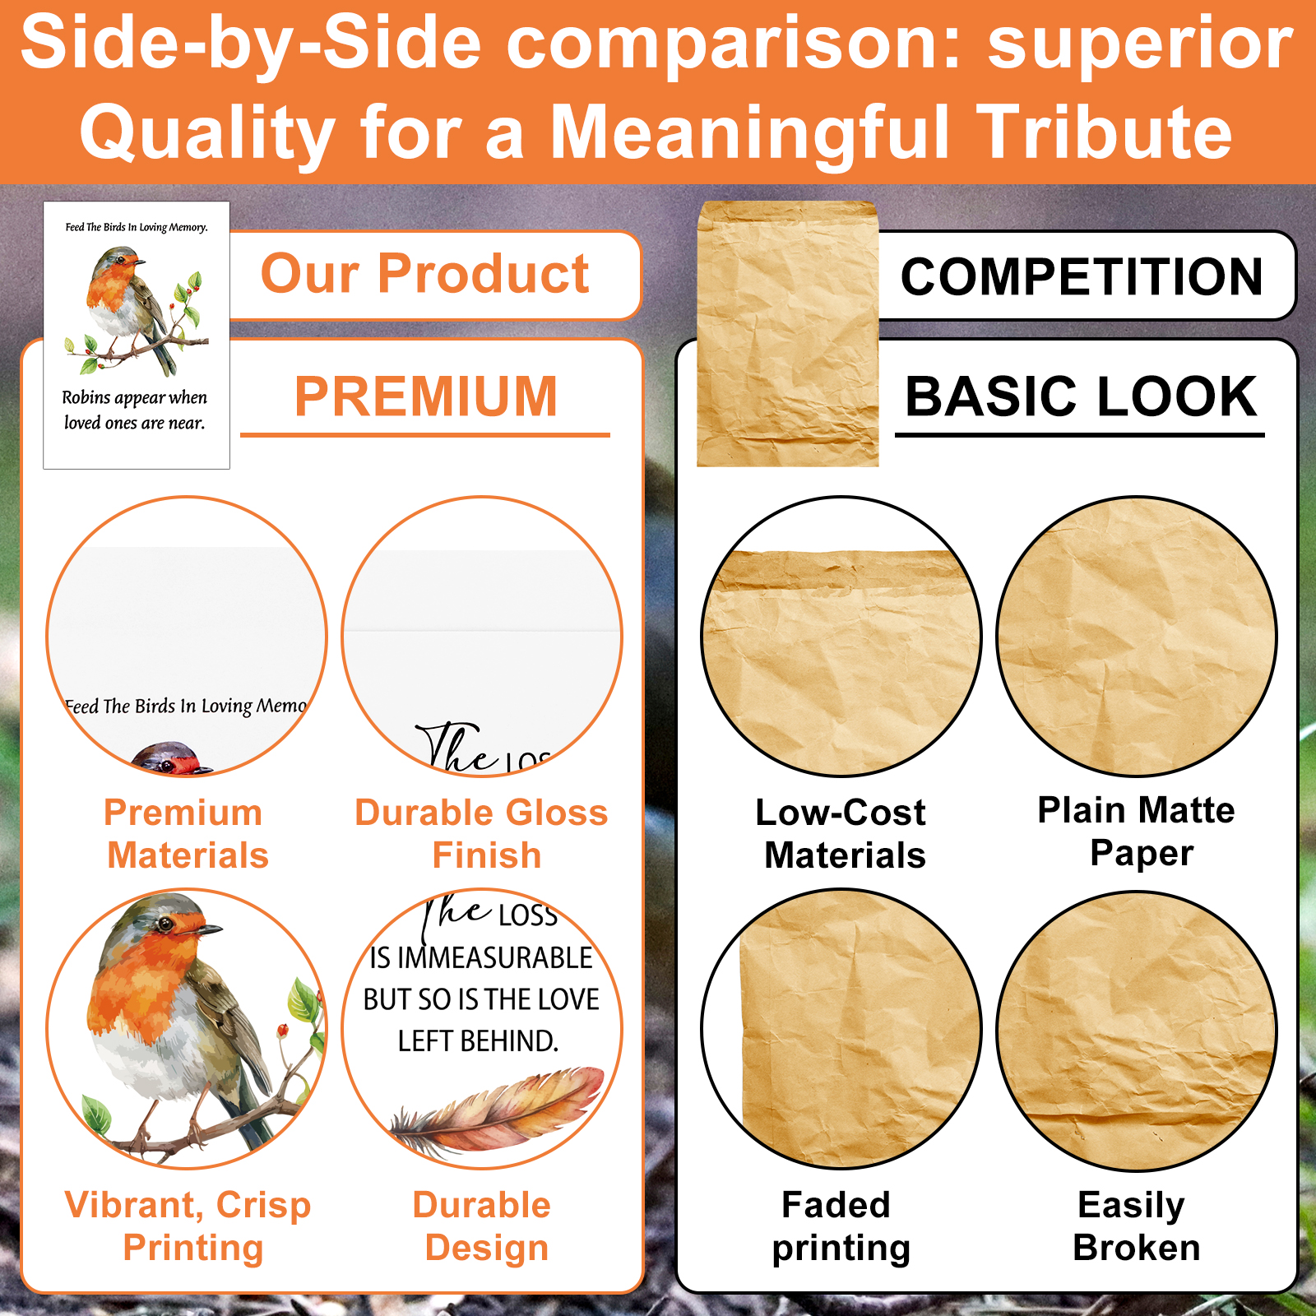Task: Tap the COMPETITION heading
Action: (x=1082, y=276)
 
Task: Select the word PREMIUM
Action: (x=426, y=396)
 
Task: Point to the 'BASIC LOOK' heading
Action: (x=1081, y=396)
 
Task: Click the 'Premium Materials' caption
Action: (x=186, y=833)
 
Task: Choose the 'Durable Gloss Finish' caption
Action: (x=482, y=833)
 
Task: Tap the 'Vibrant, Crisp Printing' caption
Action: (x=189, y=1226)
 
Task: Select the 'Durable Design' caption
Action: (x=484, y=1226)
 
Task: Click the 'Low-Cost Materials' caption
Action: (x=841, y=833)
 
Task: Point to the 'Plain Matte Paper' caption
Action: (x=1137, y=832)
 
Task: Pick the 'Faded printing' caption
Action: (x=840, y=1226)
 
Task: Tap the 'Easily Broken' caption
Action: (x=1135, y=1226)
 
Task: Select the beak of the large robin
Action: (x=209, y=929)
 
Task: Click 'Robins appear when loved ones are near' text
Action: (x=135, y=410)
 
